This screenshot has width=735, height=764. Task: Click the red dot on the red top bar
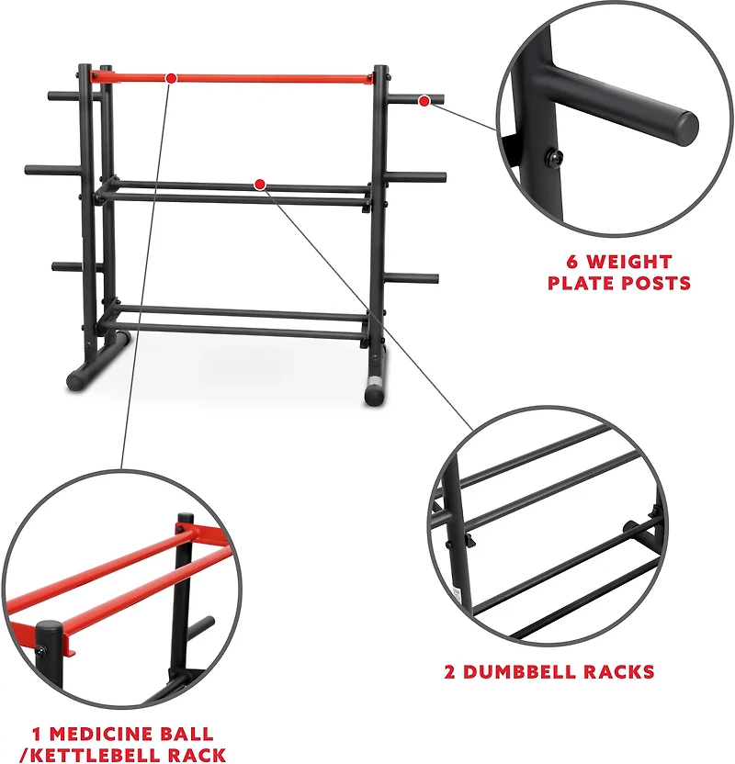click(171, 78)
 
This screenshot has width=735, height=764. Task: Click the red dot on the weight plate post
click(424, 100)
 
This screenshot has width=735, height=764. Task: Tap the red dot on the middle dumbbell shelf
click(260, 185)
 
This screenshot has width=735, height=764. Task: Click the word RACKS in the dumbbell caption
click(617, 672)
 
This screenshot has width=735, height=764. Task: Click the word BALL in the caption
click(189, 735)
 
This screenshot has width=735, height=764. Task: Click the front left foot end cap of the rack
click(72, 379)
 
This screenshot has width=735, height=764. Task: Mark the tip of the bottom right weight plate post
click(435, 280)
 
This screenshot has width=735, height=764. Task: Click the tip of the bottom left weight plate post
click(55, 267)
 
